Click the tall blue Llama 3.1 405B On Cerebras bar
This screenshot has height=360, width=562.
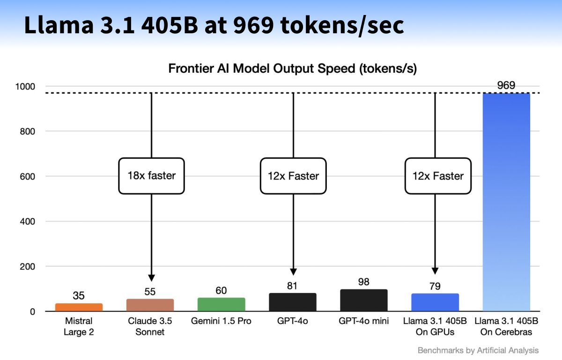[x=506, y=202]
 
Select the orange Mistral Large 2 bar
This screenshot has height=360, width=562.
[x=79, y=307]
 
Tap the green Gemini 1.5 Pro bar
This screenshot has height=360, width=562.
[x=221, y=304]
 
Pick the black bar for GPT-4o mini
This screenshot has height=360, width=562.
[x=363, y=300]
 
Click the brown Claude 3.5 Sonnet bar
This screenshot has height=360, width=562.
[x=150, y=305]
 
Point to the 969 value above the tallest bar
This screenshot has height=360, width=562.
[x=506, y=85]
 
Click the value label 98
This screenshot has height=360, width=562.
[x=363, y=282]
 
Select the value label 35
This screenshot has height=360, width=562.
[x=79, y=296]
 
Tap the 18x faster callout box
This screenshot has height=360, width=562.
[x=151, y=176]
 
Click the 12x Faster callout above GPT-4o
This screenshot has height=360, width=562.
[x=293, y=176]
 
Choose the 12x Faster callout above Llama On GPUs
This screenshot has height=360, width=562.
[x=438, y=176]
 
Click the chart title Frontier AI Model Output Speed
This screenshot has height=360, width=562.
[x=292, y=69]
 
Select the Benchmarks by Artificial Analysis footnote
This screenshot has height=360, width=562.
[x=478, y=350]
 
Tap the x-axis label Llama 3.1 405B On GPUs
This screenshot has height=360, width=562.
[x=435, y=327]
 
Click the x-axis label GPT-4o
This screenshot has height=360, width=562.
[x=293, y=322]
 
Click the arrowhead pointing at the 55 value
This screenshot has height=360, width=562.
[x=151, y=277]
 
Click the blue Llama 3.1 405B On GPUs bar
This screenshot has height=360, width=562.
[x=435, y=302]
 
